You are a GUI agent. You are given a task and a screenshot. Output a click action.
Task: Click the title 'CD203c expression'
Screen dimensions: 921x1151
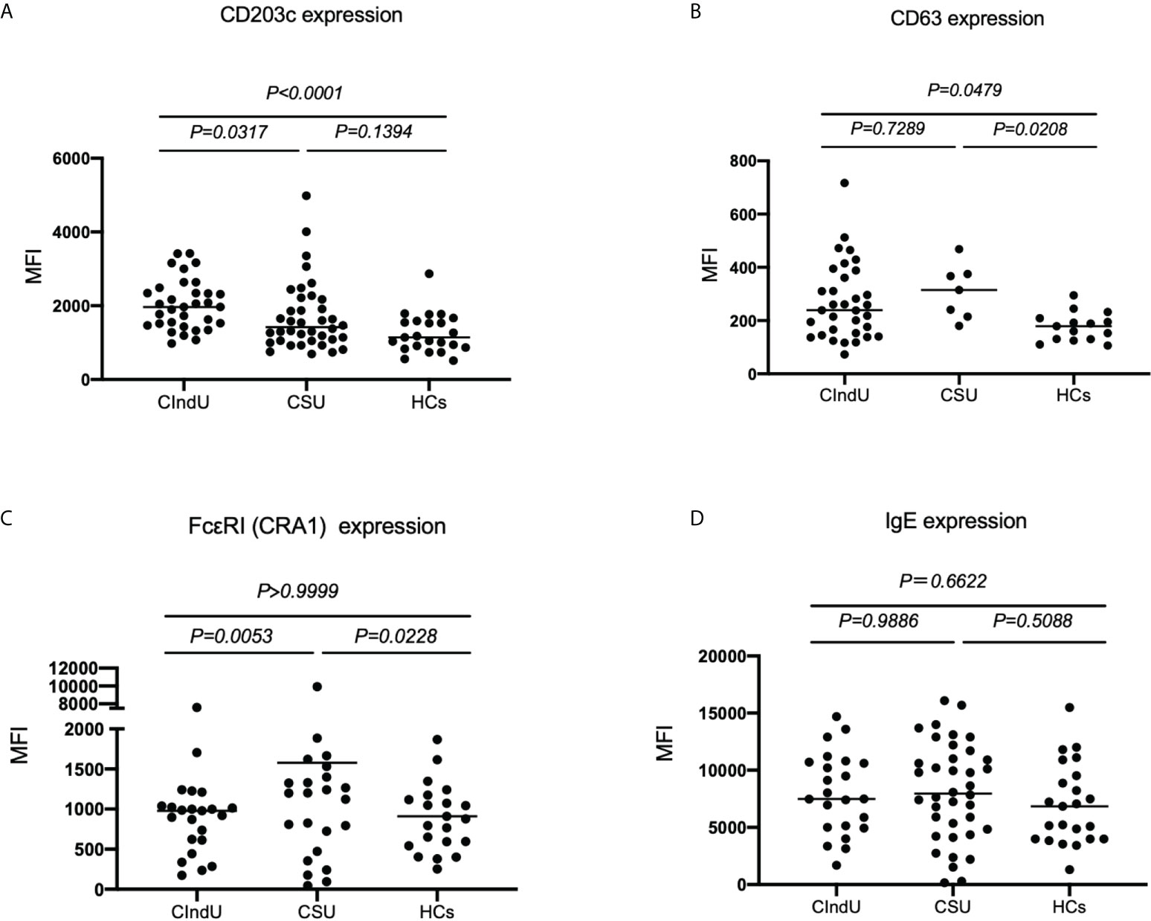coord(311,15)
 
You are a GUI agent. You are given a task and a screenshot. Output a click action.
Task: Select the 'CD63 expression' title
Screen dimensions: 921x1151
coord(967,18)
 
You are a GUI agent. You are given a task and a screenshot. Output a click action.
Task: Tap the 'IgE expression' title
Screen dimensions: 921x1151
coord(955,521)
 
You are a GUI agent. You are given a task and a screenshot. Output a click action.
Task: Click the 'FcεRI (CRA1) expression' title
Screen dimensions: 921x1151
coord(317,526)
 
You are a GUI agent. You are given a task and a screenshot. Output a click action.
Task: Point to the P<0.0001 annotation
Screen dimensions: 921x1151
coord(304,93)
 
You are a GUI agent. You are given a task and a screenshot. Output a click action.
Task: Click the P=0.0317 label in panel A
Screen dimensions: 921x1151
coord(228,132)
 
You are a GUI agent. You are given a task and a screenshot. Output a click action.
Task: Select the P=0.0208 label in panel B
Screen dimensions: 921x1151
coord(1030,129)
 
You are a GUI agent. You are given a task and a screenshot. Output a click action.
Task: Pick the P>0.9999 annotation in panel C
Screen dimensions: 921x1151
coord(297,591)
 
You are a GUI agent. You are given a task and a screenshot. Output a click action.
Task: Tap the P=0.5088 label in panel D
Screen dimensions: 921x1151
coord(1033,620)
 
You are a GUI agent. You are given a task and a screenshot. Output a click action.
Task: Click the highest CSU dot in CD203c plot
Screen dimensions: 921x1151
coord(306,196)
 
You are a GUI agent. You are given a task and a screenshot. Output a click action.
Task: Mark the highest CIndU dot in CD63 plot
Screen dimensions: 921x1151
coord(845,183)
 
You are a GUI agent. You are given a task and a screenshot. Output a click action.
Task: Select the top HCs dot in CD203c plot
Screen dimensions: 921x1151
coord(429,274)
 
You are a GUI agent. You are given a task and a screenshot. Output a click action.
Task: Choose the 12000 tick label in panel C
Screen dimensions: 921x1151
coord(73,669)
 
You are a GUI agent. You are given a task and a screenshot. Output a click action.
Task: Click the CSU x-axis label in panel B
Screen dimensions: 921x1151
coord(958,395)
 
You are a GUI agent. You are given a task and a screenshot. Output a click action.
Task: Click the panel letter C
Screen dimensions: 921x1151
coord(6,518)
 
